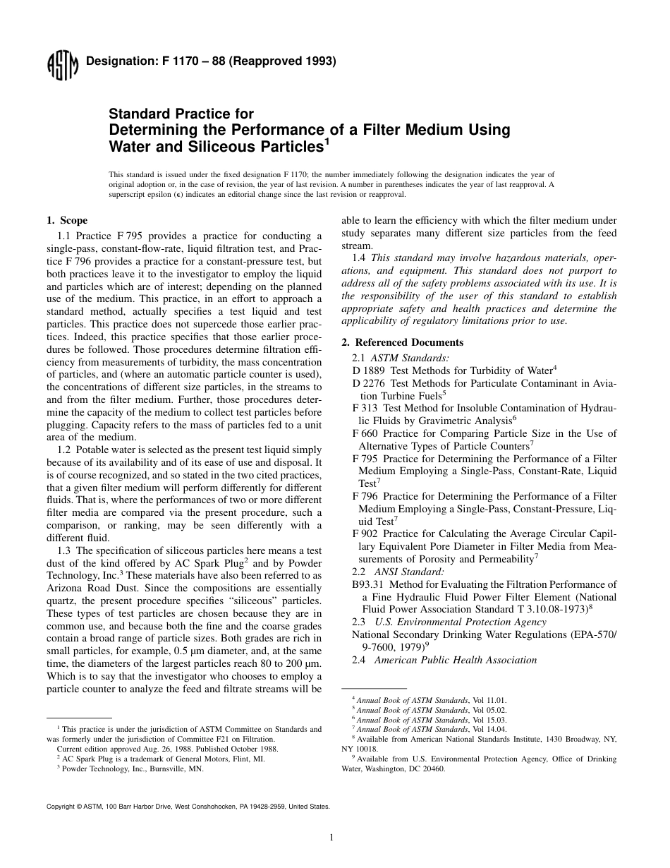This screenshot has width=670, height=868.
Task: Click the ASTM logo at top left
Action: coord(61,66)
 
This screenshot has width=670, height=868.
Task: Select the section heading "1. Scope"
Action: coord(67,221)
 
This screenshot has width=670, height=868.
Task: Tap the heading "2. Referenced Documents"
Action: coord(402,342)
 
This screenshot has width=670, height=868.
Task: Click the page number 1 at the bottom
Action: coord(331,838)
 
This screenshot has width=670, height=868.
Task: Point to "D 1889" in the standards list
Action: coord(367,370)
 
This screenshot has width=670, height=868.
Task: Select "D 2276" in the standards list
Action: coord(367,383)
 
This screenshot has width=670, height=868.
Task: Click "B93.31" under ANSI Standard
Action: coord(367,584)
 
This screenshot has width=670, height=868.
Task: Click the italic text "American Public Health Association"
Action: coord(455,661)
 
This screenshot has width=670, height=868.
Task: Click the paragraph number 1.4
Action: coord(359,258)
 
